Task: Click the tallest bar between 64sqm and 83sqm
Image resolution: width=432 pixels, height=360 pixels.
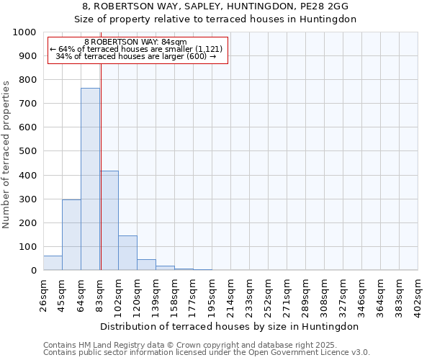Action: [x=90, y=179]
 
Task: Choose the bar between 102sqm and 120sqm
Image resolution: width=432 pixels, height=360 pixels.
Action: [x=127, y=253]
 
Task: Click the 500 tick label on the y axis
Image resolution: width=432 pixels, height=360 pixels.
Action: [x=27, y=151]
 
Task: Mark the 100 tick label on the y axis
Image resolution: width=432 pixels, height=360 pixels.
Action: [x=27, y=247]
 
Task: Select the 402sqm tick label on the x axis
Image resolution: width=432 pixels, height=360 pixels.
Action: [x=418, y=292]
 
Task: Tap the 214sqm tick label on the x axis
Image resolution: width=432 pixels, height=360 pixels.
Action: [x=231, y=292]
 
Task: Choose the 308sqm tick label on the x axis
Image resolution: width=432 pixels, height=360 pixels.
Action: [x=325, y=292]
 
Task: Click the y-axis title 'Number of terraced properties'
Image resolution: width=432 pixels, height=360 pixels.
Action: [x=6, y=154]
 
